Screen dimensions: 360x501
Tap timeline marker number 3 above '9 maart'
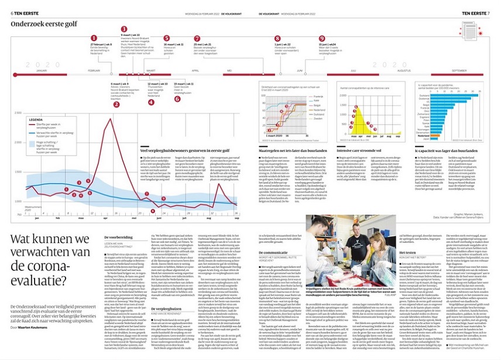(123, 29)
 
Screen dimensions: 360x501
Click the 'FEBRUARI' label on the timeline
(95, 70)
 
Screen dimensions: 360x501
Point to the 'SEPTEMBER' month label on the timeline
(458, 70)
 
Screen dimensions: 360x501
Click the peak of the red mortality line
(109, 119)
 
